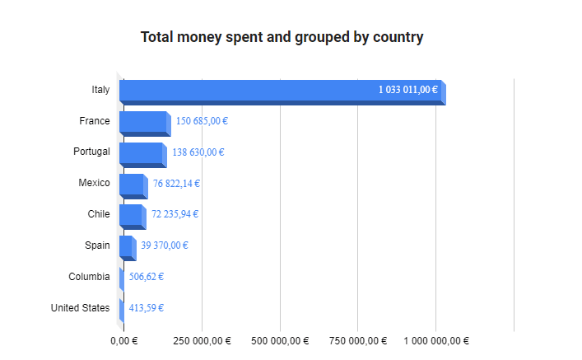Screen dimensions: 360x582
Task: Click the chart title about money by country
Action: pyautogui.click(x=282, y=37)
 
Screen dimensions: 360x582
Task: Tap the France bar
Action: pyautogui.click(x=144, y=122)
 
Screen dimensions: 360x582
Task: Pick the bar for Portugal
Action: pyautogui.click(x=142, y=153)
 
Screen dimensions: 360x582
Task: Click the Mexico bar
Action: pyautogui.click(x=133, y=185)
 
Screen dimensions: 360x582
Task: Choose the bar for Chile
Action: pyautogui.click(x=132, y=215)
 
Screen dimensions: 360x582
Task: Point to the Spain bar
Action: pyautogui.click(x=127, y=246)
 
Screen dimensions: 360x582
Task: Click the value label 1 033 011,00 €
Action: pyautogui.click(x=408, y=90)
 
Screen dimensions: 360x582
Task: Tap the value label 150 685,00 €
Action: pyautogui.click(x=202, y=121)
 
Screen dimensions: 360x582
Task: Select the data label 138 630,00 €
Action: pyautogui.click(x=198, y=152)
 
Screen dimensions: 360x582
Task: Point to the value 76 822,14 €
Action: pyautogui.click(x=176, y=184)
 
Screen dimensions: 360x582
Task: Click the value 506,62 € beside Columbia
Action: pyautogui.click(x=147, y=277)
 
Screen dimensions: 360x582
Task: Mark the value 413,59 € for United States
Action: pyautogui.click(x=147, y=308)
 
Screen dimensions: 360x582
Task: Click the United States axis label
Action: pyautogui.click(x=80, y=308)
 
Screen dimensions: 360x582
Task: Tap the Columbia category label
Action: pyautogui.click(x=89, y=277)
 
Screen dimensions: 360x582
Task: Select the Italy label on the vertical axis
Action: pyautogui.click(x=100, y=90)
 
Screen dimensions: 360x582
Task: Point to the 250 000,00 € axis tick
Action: pyautogui.click(x=203, y=341)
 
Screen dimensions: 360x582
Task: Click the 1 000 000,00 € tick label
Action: pyautogui.click(x=436, y=341)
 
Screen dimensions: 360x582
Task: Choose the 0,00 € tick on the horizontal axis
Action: pyautogui.click(x=124, y=341)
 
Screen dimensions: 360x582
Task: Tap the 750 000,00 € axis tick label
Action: pyautogui.click(x=358, y=341)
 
